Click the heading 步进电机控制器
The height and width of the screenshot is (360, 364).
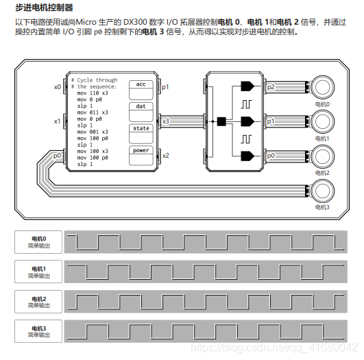(x=44, y=8)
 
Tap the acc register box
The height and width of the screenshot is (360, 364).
(x=141, y=84)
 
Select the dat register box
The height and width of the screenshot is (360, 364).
(x=141, y=106)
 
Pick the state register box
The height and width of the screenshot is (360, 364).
(x=141, y=128)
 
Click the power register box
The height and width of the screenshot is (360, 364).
(x=141, y=150)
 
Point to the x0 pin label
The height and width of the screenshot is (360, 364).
(x=58, y=87)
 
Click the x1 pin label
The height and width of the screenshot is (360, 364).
(x=58, y=121)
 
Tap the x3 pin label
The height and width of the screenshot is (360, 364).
(x=165, y=121)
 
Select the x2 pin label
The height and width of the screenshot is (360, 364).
(x=165, y=156)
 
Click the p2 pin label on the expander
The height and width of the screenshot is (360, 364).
(x=271, y=87)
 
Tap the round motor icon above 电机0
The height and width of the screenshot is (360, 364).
(x=322, y=87)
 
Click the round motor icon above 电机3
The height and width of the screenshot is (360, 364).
(x=322, y=190)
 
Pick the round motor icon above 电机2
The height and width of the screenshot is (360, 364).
(x=322, y=156)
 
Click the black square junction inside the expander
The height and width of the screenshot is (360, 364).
(x=221, y=122)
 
